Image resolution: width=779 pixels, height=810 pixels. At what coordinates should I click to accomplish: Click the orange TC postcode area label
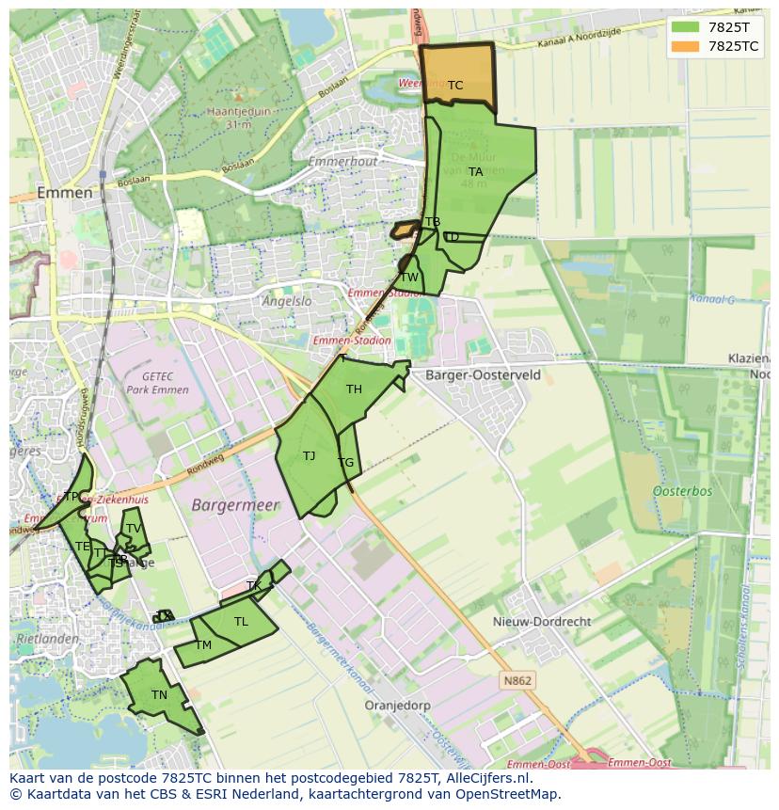tap(455, 86)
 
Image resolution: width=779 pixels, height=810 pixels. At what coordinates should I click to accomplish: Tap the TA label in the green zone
tap(476, 172)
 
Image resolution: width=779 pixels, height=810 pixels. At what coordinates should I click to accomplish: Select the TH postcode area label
tap(354, 389)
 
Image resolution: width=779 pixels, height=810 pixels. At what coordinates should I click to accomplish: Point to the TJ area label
tap(309, 456)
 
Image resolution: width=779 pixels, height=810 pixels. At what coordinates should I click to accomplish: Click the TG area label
tap(346, 463)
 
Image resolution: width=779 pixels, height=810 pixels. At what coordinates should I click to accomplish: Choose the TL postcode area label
tap(241, 622)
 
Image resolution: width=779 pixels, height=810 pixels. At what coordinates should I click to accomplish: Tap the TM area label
tap(204, 645)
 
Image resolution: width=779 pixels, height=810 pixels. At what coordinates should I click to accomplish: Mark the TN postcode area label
tap(159, 695)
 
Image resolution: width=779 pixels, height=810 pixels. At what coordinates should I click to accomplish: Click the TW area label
tap(409, 278)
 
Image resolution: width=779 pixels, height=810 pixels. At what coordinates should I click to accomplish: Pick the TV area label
tap(134, 529)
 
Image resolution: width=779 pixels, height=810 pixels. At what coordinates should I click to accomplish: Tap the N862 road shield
tap(517, 680)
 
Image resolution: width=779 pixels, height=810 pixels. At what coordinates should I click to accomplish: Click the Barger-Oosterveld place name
tap(483, 374)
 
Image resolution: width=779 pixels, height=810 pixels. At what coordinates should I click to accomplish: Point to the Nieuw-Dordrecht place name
tap(542, 622)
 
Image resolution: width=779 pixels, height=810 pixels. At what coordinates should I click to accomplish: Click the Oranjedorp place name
tap(397, 705)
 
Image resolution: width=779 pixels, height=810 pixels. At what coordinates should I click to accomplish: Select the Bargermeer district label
tap(235, 505)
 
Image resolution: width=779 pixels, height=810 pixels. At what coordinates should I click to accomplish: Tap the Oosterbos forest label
tap(682, 491)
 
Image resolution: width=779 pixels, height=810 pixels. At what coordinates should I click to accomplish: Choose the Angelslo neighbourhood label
tap(287, 302)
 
